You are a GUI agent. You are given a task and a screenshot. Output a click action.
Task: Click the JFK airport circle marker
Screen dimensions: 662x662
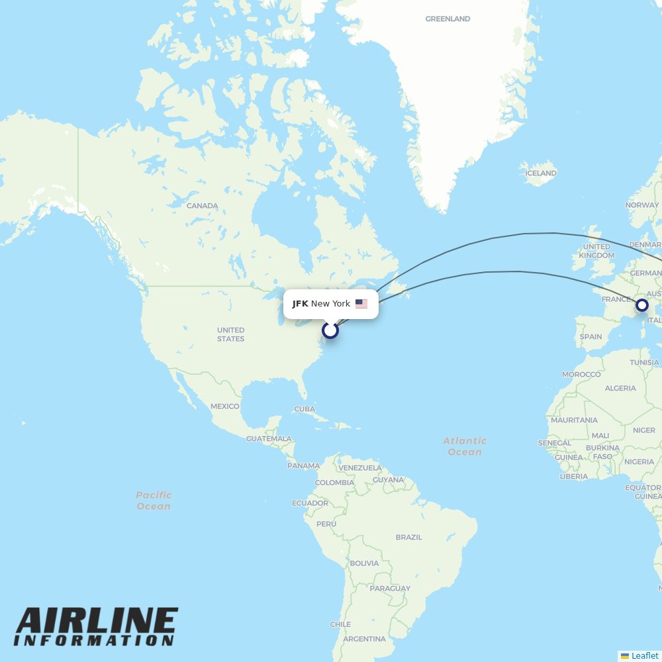coord(330,330)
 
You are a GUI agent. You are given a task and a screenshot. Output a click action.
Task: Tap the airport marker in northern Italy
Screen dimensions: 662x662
coord(641,305)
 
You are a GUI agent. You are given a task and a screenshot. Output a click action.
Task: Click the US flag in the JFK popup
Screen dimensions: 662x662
coord(361,304)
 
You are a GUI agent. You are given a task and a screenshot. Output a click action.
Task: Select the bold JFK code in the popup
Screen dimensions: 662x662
coord(300,304)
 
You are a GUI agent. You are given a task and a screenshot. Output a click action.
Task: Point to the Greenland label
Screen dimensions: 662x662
coord(448,19)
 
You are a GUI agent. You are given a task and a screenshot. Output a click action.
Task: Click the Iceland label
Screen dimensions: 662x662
coord(541,173)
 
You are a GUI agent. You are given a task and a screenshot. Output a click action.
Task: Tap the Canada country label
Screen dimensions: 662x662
coord(202,206)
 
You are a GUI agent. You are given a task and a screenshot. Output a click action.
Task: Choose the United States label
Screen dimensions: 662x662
coord(230,334)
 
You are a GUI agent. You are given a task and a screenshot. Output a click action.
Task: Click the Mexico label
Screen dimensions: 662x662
coord(224,406)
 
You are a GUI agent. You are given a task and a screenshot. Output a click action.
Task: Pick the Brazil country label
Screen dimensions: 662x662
coord(408,537)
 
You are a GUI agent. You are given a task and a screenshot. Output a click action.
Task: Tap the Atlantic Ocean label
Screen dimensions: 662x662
coord(465,446)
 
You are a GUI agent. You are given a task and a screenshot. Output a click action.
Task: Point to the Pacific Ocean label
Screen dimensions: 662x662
coord(154,500)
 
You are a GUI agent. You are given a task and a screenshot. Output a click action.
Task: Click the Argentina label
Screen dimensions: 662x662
coord(364,639)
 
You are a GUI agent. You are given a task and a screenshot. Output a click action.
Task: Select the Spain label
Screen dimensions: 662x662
coord(591,336)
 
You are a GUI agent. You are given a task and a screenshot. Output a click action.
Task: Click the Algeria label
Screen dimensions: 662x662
coord(620,389)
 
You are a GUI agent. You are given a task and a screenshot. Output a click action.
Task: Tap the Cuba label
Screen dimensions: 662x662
coord(304,409)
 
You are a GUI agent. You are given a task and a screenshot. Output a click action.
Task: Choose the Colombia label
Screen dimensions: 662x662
coord(334,483)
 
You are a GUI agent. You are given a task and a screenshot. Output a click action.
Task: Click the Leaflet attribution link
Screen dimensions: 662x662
coord(644,655)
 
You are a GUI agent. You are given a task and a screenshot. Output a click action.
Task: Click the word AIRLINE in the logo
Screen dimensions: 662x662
coord(97,622)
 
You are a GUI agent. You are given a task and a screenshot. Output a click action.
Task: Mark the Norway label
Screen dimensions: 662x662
coord(642,205)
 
